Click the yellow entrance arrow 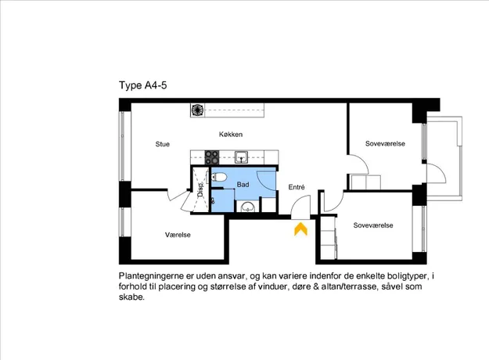[x=300, y=229]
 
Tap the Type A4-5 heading [x=143, y=85]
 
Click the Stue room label [x=163, y=144]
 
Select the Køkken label [x=231, y=135]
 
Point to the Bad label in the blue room [x=243, y=185]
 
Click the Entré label [x=297, y=187]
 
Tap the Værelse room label [x=178, y=235]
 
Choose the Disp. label [x=200, y=189]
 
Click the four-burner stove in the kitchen [x=212, y=157]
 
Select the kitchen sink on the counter [x=242, y=157]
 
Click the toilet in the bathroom [x=218, y=177]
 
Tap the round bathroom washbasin [x=248, y=207]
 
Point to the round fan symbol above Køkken [x=197, y=110]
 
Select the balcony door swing [x=437, y=173]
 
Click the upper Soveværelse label [x=385, y=144]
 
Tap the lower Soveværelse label [x=373, y=225]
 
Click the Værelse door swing [x=179, y=200]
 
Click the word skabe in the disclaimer [x=131, y=297]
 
